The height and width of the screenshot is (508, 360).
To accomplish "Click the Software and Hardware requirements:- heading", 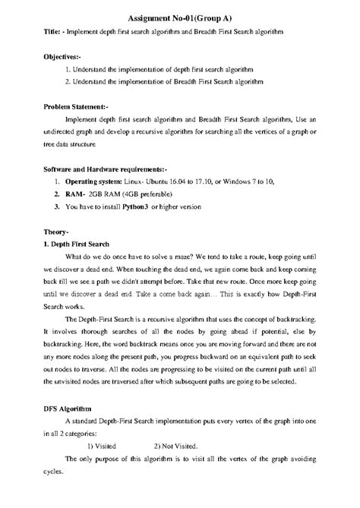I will click(x=105, y=169).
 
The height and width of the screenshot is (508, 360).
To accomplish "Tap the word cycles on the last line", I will click(x=53, y=479).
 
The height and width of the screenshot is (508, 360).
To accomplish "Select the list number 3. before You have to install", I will click(x=57, y=206).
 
